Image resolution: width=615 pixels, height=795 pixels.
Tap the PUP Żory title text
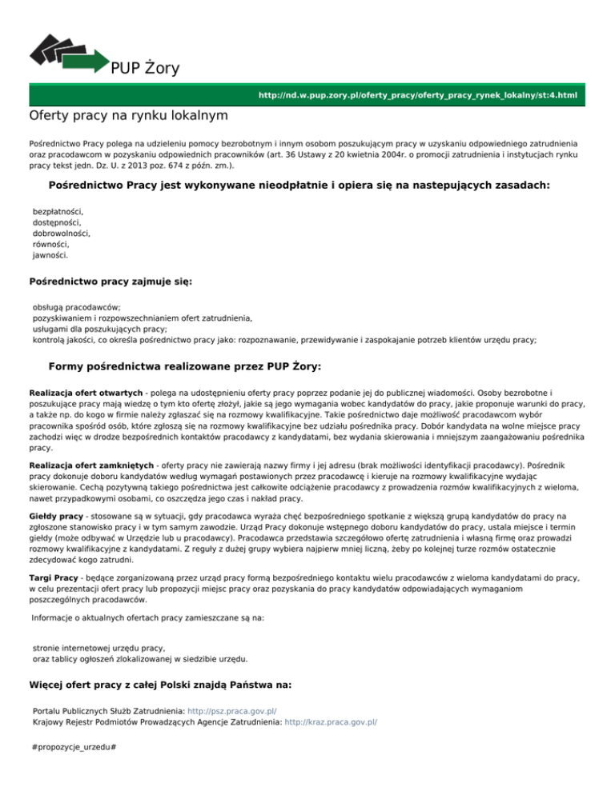145,67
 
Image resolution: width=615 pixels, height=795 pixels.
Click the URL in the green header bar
418,96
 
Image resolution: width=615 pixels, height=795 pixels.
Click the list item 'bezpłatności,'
58,211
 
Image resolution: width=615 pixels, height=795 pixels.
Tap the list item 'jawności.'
50,256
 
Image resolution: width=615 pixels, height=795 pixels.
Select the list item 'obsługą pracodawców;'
76,306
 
